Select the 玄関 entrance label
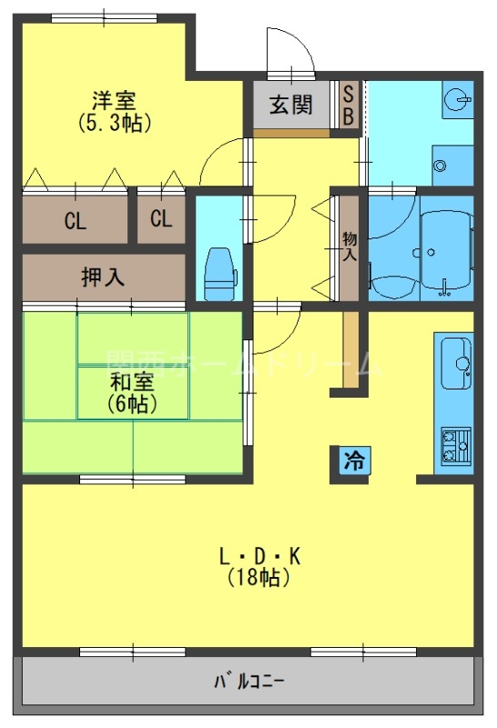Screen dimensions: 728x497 coord(290,105)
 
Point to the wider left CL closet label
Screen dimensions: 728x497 coord(76,219)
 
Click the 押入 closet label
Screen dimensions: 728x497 coord(103,278)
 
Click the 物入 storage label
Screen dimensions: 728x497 coord(349,247)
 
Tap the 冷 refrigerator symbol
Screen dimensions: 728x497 coord(350,461)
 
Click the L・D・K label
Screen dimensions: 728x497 coord(259,555)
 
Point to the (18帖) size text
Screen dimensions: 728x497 coord(259,577)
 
